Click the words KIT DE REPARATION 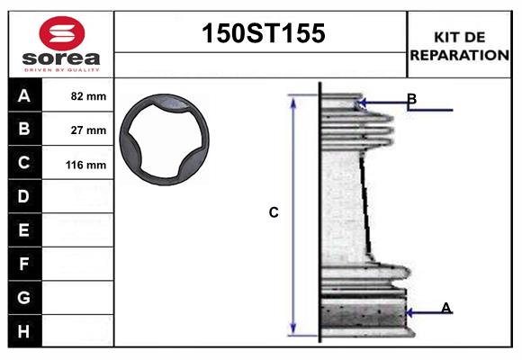pyautogui.click(x=459, y=45)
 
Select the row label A pyautogui.click(x=24, y=95)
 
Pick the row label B pyautogui.click(x=24, y=130)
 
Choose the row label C pyautogui.click(x=24, y=163)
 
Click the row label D pyautogui.click(x=24, y=196)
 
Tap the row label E pyautogui.click(x=24, y=230)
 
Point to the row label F pyautogui.click(x=24, y=264)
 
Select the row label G pyautogui.click(x=24, y=297)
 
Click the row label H pyautogui.click(x=24, y=331)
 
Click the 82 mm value pyautogui.click(x=88, y=96)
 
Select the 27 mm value pyautogui.click(x=88, y=130)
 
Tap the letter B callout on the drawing pyautogui.click(x=411, y=99)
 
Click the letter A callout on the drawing pyautogui.click(x=445, y=308)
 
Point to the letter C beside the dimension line pyautogui.click(x=274, y=213)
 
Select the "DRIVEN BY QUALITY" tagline pyautogui.click(x=60, y=68)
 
